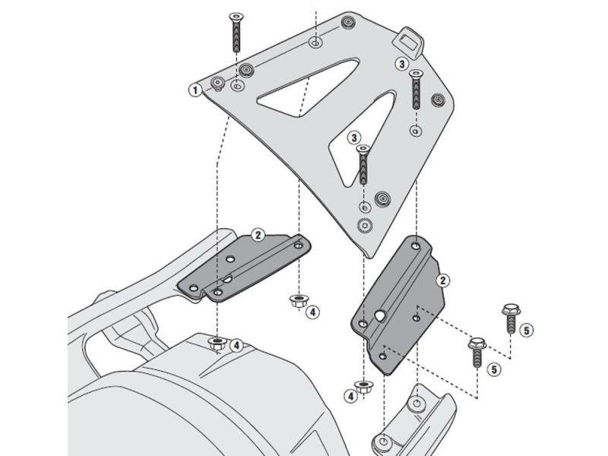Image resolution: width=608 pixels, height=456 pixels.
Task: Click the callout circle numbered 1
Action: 195,90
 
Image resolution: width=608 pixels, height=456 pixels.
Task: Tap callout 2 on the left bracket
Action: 258,235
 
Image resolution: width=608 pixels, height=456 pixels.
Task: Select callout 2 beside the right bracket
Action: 440,280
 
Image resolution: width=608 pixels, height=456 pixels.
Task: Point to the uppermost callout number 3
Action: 401,65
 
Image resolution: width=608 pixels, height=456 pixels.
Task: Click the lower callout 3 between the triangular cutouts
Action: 354,137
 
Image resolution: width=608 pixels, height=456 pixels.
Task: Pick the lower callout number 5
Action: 495,369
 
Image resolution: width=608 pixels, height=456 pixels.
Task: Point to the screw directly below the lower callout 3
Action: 363,165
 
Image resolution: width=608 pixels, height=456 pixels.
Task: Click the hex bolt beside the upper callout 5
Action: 509,321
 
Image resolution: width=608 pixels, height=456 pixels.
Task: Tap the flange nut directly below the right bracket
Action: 364,385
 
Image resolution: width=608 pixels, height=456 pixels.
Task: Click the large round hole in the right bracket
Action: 379,314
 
